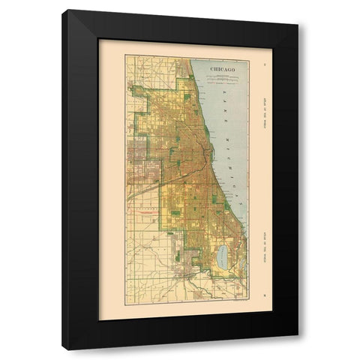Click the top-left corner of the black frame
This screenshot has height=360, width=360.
click(x=64, y=11)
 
